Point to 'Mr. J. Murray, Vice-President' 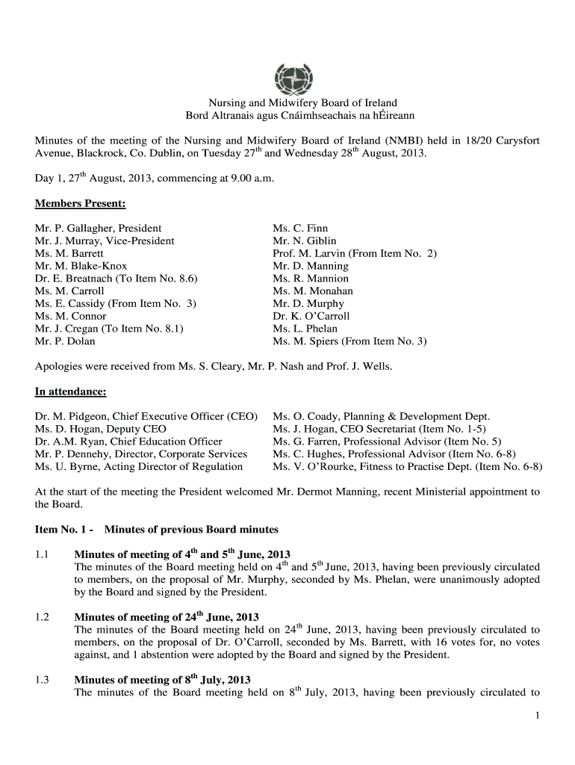point(105,241)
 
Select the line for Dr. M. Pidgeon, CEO point(146,416)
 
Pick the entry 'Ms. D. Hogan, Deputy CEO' point(100,429)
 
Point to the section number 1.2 point(42,617)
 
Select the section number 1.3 point(42,680)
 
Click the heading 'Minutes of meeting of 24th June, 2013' point(166,617)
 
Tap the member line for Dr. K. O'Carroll point(311,317)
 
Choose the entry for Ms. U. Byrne point(138,467)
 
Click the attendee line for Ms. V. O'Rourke point(407,467)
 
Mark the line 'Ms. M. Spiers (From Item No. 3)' point(349,342)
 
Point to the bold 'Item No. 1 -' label point(63,530)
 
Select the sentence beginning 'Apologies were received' point(214,367)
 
